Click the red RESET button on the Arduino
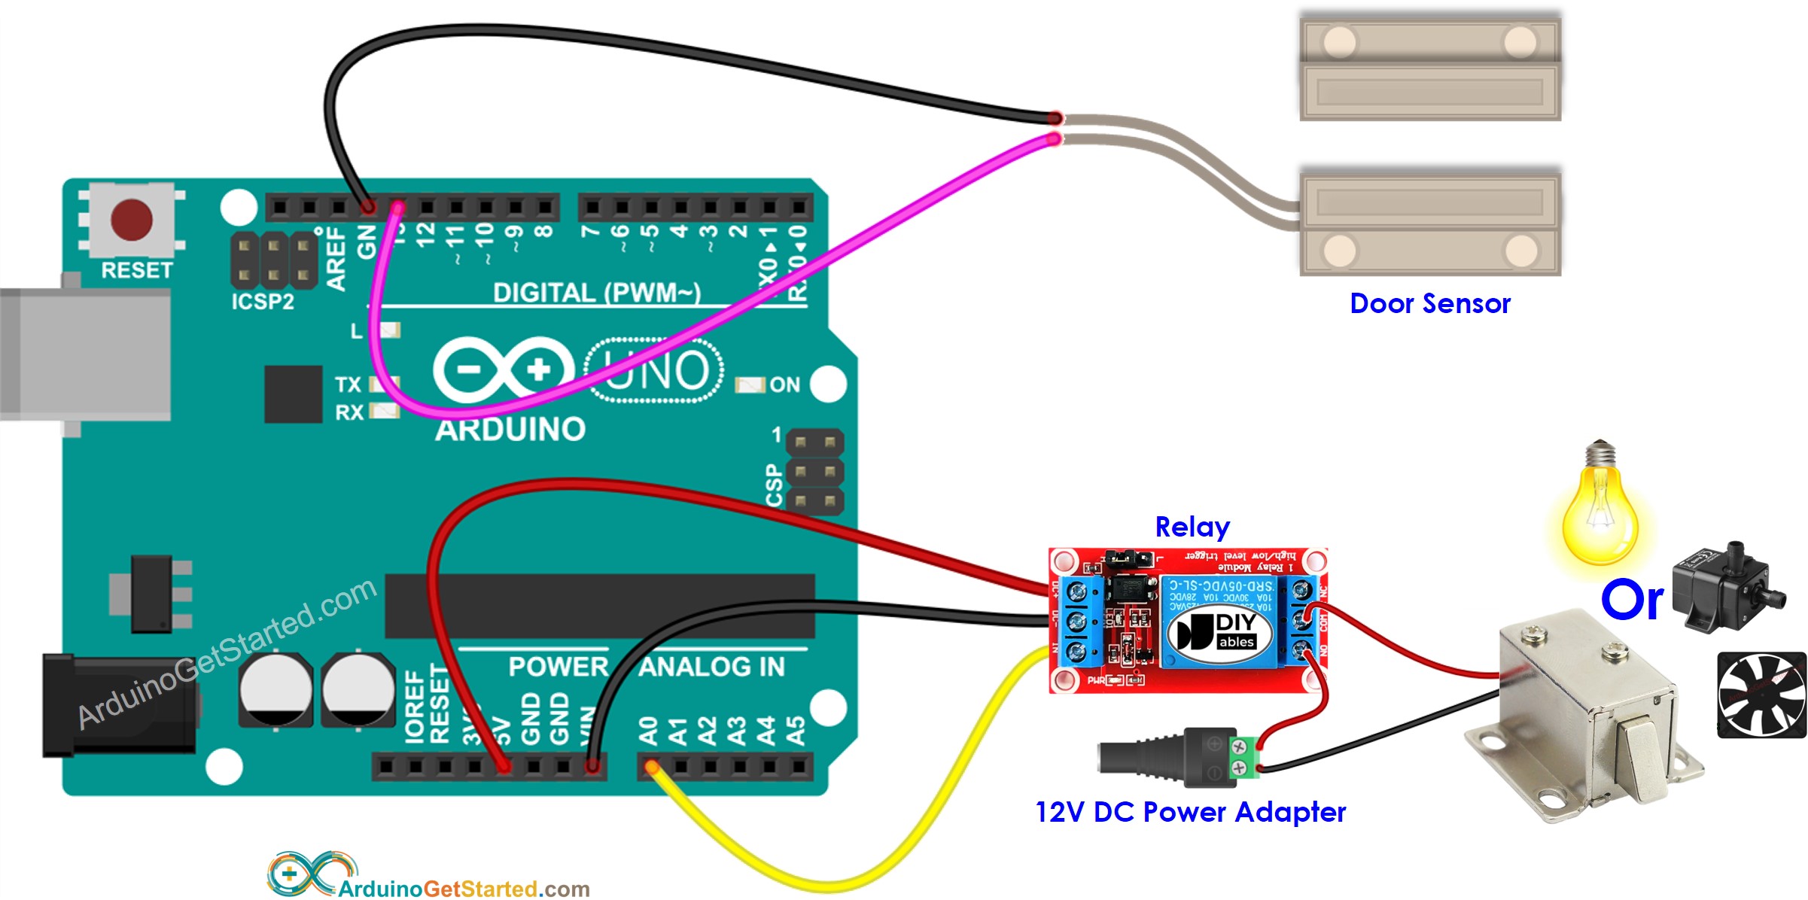point(132,219)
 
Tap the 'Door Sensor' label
point(1429,303)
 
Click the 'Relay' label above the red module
point(1192,527)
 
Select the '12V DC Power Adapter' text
point(1190,812)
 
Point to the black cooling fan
point(1761,695)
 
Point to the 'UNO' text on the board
point(655,370)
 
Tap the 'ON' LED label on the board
point(784,385)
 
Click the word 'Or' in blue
point(1631,601)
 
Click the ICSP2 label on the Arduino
point(262,302)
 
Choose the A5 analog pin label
point(796,730)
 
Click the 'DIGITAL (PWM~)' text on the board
point(596,292)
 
